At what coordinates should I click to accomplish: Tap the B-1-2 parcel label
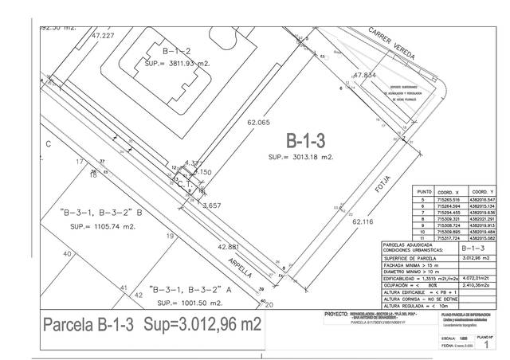175,50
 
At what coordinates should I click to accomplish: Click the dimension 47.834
363,75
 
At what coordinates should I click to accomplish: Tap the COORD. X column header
450,192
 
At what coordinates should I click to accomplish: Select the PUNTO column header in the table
423,192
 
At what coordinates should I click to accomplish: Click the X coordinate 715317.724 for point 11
450,237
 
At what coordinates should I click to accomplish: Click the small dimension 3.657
212,205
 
